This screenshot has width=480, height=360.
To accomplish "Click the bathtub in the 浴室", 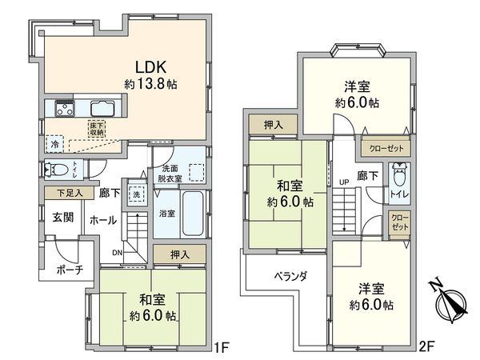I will point(190,214).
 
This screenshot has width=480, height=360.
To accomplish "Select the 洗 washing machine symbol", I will point(135,194).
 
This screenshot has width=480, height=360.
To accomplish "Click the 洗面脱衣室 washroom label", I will point(172,174).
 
